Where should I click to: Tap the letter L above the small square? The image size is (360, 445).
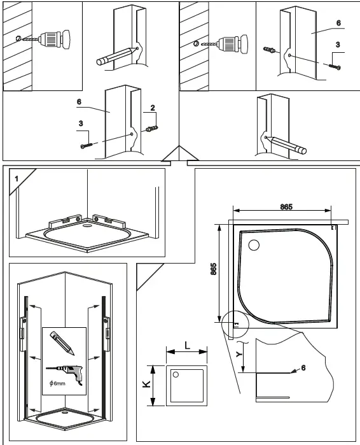pyautogui.click(x=187, y=344)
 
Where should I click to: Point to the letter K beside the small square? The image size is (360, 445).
pyautogui.click(x=146, y=385)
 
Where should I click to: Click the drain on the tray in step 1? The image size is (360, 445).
pyautogui.click(x=87, y=224)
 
